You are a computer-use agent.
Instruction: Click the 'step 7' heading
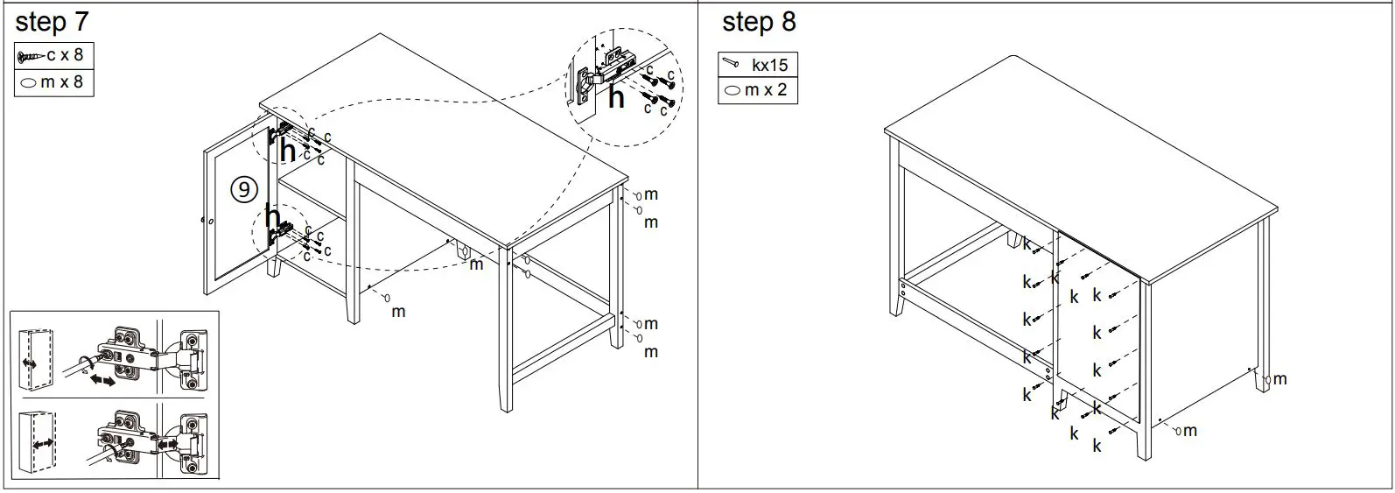point(52,23)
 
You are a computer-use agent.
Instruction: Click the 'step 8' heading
point(758,23)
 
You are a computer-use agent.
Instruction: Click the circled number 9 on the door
point(244,188)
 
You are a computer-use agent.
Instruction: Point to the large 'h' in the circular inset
point(616,98)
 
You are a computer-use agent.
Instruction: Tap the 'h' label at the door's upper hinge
point(287,151)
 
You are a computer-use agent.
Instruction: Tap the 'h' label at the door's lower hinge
point(273,218)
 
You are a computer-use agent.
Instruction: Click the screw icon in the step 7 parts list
point(30,56)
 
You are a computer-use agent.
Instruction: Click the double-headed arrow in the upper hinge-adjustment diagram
point(103,383)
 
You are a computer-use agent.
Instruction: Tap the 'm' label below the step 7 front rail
point(397,311)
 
